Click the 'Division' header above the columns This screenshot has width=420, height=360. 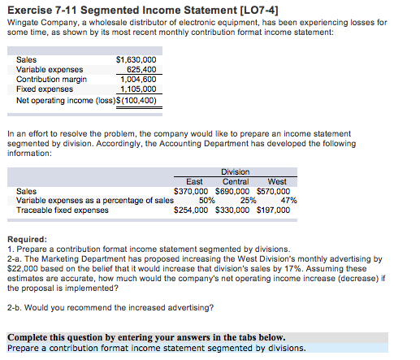235,171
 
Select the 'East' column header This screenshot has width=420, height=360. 194,181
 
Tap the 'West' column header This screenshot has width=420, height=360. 276,181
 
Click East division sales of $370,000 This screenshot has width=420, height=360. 193,191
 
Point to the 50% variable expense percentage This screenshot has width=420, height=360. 206,200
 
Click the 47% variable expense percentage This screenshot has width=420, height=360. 288,200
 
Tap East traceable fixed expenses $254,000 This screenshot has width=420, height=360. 193,210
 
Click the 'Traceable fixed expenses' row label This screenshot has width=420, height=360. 63,210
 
